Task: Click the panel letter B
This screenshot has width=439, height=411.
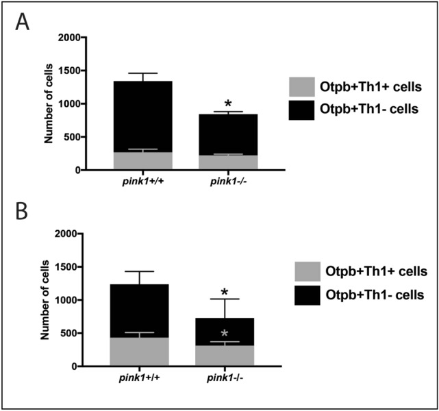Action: tap(23, 210)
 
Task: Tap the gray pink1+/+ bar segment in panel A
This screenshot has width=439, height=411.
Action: tap(144, 161)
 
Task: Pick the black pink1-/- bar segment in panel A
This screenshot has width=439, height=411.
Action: tap(229, 134)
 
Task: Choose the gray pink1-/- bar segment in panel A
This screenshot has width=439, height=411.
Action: tap(229, 162)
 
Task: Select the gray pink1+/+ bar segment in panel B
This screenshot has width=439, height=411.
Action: tap(140, 351)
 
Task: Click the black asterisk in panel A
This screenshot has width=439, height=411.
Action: tap(228, 104)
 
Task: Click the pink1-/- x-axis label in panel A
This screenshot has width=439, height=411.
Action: tap(229, 181)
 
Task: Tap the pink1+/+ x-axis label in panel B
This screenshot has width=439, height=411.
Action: tap(140, 377)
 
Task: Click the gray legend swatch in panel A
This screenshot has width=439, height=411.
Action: tap(301, 87)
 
